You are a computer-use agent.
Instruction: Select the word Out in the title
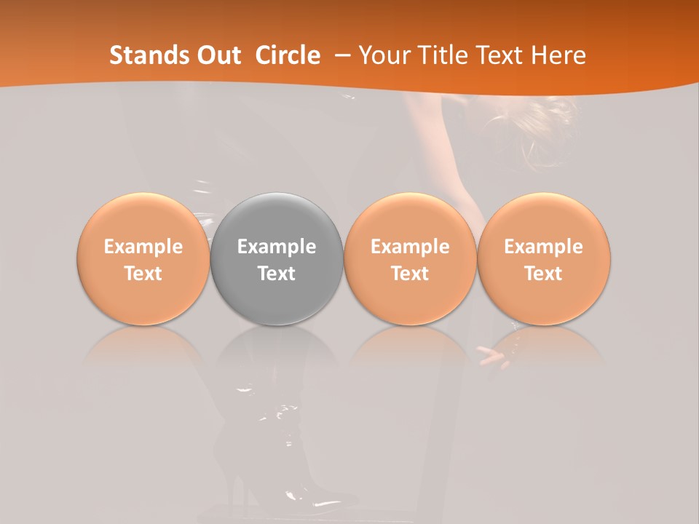219,55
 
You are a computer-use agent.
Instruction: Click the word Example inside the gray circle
277,247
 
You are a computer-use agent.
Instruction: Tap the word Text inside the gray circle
277,274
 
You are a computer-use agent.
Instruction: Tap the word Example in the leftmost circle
143,247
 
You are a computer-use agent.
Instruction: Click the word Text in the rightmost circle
544,274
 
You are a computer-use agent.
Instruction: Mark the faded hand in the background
493,355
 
